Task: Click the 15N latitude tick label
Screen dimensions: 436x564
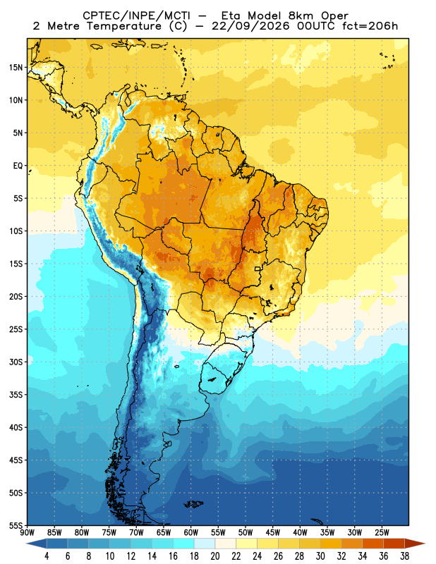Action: (x=16, y=67)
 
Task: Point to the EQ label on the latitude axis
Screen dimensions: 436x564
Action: (x=18, y=166)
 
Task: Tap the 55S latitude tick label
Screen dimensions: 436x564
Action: (x=16, y=525)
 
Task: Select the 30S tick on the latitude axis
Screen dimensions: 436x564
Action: (x=16, y=362)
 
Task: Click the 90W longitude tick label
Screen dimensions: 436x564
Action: (x=28, y=533)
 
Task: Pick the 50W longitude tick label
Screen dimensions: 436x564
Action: (x=246, y=533)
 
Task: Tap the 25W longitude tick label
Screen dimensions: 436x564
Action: (x=382, y=533)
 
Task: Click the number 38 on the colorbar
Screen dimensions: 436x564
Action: (x=404, y=556)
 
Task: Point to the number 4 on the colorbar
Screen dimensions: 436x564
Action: (x=47, y=556)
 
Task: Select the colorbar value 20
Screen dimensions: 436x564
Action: (x=215, y=556)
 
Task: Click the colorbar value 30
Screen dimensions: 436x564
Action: (x=320, y=556)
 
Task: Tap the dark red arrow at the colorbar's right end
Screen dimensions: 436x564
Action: (x=415, y=544)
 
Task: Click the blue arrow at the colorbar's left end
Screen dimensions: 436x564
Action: (x=37, y=544)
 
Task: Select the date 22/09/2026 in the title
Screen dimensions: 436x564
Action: (x=250, y=26)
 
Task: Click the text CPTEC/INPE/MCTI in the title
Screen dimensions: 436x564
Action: (x=136, y=16)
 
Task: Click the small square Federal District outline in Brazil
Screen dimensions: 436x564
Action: (x=258, y=269)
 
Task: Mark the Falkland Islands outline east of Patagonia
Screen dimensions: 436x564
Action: (x=194, y=504)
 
